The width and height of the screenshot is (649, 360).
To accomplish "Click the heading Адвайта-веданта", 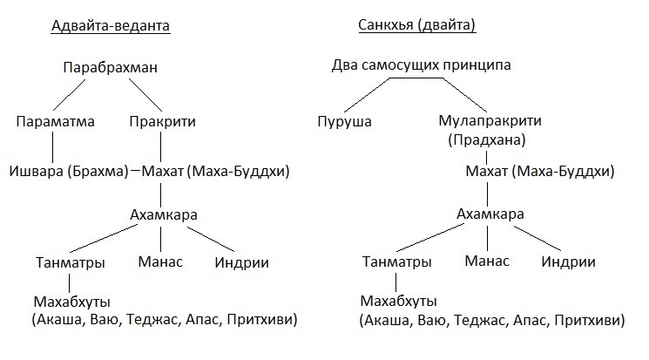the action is (x=111, y=25).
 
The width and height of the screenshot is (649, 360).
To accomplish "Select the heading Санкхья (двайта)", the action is (x=416, y=25).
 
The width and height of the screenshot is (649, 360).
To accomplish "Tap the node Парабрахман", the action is (x=110, y=67).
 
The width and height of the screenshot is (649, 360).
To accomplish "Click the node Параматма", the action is (x=55, y=121).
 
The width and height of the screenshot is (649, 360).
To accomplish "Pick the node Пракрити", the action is (x=162, y=122).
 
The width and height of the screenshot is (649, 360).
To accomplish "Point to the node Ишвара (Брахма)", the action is (x=69, y=171).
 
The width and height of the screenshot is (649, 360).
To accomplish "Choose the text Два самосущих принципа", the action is (x=421, y=65).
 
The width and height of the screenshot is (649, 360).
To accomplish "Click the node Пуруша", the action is (x=344, y=122).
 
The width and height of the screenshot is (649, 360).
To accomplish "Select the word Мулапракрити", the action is (x=490, y=120).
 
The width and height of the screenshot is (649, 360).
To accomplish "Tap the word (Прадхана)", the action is (x=487, y=140).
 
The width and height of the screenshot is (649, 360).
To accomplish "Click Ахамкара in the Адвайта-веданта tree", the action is (x=164, y=214).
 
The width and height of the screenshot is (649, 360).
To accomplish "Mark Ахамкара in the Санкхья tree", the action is (x=490, y=214).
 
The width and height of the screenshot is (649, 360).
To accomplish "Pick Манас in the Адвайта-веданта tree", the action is (x=160, y=262).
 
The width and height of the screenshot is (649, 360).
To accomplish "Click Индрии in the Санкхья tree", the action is (x=568, y=262).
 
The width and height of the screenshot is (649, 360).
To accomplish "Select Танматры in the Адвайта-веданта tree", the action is (x=70, y=262).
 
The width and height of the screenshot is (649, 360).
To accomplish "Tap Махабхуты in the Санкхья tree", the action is (x=399, y=302).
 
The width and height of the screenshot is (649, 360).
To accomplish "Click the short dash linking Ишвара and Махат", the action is (x=135, y=170).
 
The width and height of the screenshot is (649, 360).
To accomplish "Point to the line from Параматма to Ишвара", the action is (x=52, y=147).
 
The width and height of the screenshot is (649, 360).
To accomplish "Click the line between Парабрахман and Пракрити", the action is (x=145, y=95).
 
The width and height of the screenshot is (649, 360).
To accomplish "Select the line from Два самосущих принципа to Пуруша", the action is (x=367, y=95).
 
